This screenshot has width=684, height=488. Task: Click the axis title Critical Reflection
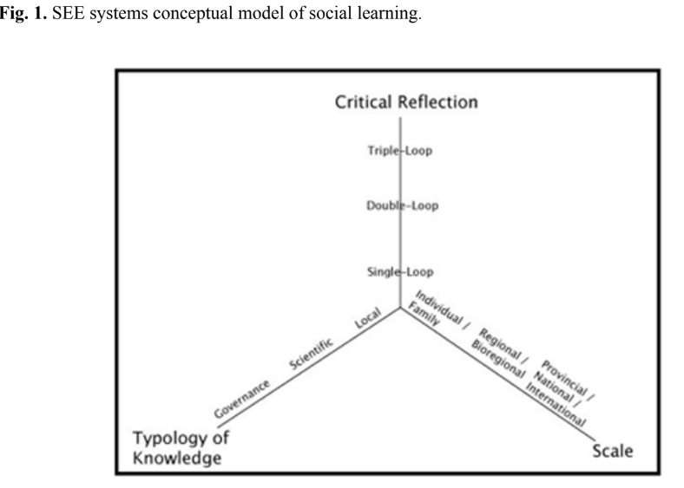pyautogui.click(x=407, y=102)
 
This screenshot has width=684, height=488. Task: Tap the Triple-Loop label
pyautogui.click(x=399, y=152)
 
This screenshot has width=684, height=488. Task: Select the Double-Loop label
pyautogui.click(x=400, y=205)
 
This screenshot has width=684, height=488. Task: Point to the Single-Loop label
pyautogui.click(x=400, y=272)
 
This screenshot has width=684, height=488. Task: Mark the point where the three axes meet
pyautogui.click(x=400, y=307)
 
